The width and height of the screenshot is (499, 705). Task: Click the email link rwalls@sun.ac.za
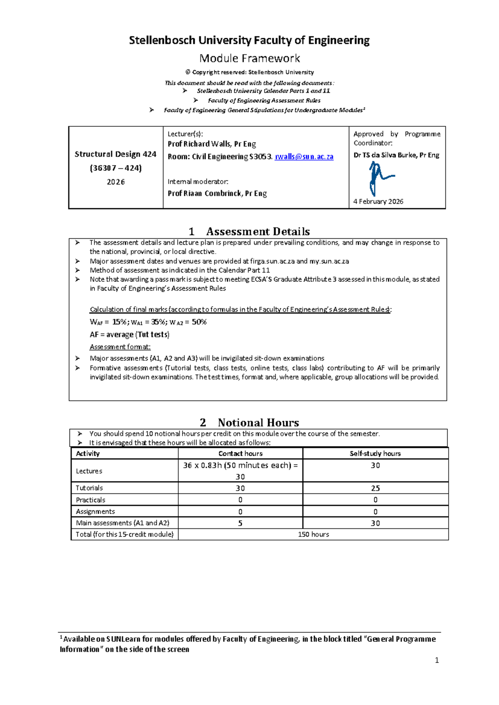click(x=304, y=157)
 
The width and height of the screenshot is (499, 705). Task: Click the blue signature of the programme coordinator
click(x=379, y=178)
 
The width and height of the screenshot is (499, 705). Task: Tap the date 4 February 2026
click(x=378, y=202)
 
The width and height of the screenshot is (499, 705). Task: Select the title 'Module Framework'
click(x=249, y=58)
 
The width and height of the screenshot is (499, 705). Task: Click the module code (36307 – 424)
click(x=116, y=168)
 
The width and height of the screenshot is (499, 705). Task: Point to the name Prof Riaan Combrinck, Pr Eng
click(x=217, y=193)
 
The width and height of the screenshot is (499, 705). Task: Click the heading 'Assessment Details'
click(x=258, y=232)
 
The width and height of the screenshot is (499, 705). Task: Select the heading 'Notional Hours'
click(x=258, y=423)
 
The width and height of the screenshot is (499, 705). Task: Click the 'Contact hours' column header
click(x=240, y=454)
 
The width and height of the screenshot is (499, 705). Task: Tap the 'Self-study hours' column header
click(x=375, y=454)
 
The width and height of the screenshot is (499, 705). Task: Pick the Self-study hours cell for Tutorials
click(x=375, y=488)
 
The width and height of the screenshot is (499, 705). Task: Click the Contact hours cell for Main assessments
click(x=240, y=523)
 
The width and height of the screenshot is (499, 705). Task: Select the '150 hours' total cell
click(x=313, y=535)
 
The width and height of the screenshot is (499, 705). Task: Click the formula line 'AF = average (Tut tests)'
click(x=129, y=335)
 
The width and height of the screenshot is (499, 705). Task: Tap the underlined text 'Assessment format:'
click(x=120, y=347)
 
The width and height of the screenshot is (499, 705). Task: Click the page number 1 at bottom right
click(x=437, y=660)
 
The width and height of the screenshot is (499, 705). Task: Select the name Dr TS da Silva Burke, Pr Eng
click(x=396, y=155)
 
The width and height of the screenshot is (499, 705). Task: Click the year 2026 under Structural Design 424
click(x=116, y=182)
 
